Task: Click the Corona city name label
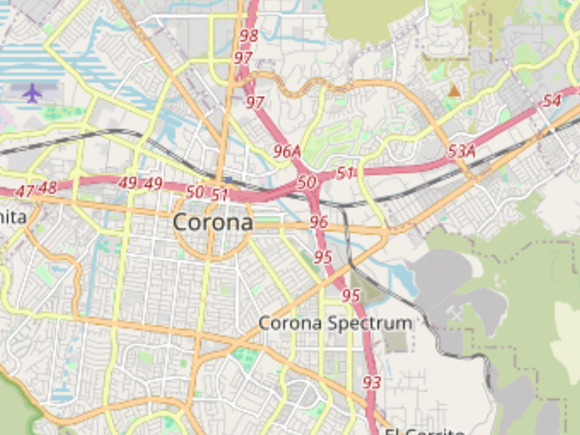coord(213,223)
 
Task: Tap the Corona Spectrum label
coord(335,323)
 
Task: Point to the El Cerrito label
coord(425,431)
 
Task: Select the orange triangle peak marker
coord(454,90)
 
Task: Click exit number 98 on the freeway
coord(249,36)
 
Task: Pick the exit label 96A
coord(287,152)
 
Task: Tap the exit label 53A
coord(461,152)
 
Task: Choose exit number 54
coord(551,101)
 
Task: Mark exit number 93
coord(372,383)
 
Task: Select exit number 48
coord(48,188)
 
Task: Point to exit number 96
coord(319,222)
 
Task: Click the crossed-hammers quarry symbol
coord(455,314)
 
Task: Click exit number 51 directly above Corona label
coord(219,195)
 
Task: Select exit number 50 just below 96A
coord(306,183)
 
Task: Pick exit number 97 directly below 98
coord(243,58)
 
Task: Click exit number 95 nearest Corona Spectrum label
coord(351,295)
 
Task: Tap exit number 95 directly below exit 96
coord(323,257)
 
